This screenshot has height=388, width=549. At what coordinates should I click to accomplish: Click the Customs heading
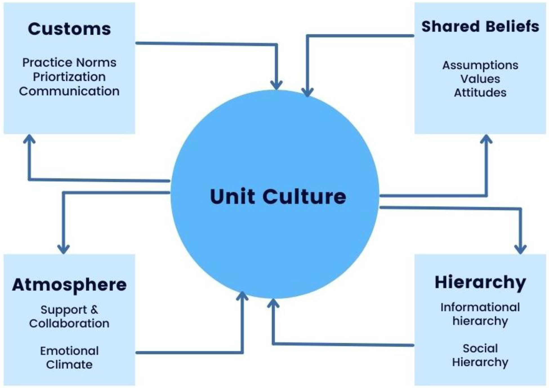[69, 29]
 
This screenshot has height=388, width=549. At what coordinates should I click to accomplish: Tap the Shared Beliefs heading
[480, 26]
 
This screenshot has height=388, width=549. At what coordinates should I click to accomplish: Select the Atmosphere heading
[69, 285]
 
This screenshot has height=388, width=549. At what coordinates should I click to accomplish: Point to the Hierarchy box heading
[480, 282]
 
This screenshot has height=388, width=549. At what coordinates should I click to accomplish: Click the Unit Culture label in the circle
[278, 196]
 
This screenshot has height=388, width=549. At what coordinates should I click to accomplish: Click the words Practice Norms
[69, 63]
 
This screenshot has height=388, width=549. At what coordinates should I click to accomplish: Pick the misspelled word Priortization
[69, 77]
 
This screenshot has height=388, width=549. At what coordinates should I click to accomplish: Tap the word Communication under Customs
[69, 91]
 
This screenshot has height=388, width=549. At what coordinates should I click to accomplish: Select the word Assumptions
[480, 65]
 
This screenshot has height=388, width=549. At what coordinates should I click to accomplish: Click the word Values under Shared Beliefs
[480, 79]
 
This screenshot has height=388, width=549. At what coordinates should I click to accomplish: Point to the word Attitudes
[480, 93]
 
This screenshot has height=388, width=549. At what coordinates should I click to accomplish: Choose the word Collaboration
[69, 323]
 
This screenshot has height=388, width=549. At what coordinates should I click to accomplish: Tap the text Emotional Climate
[69, 358]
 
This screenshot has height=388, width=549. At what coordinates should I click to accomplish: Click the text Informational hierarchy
[480, 314]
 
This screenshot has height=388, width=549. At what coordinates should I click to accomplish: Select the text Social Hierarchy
[480, 355]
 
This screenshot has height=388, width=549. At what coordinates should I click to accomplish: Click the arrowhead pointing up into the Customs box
[29, 139]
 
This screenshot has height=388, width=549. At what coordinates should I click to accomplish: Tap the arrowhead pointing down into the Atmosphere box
[63, 249]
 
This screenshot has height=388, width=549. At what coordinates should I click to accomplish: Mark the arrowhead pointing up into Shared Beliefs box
[486, 139]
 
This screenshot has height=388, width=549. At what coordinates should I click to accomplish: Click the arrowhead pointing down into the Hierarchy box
[520, 249]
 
